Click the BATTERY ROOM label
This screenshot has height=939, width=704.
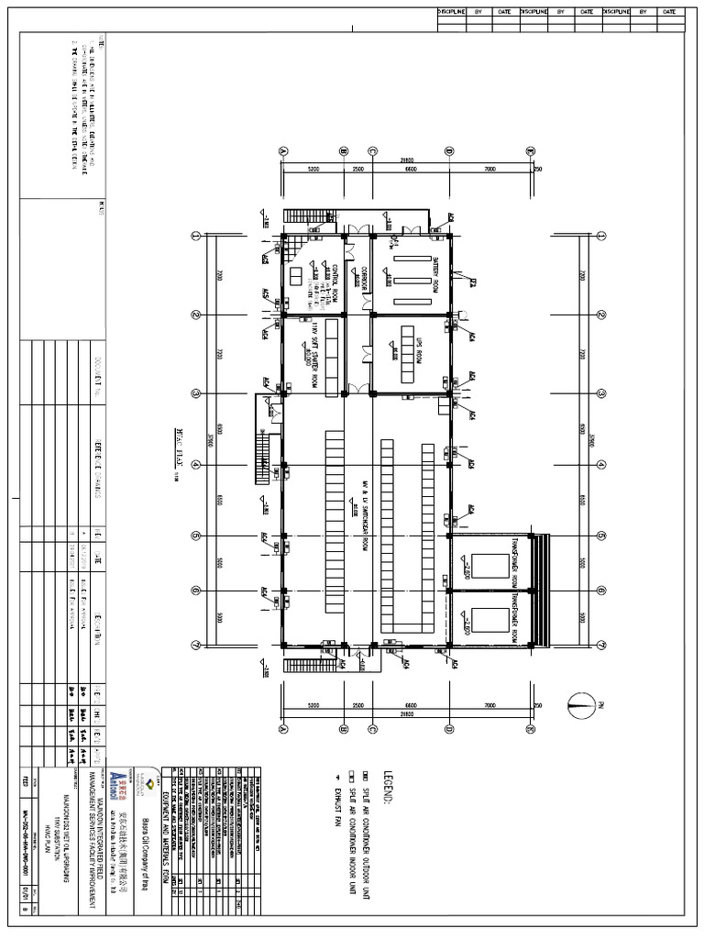point(436,274)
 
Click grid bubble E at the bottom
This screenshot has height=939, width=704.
point(530,730)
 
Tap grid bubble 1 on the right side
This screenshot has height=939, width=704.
point(601,236)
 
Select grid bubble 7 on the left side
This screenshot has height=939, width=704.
point(195,644)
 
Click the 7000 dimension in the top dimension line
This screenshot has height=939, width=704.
point(489,169)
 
